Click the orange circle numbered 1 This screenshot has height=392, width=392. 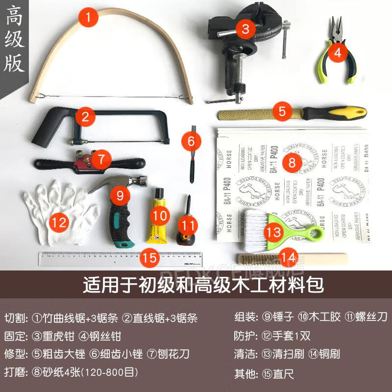(x=88, y=19)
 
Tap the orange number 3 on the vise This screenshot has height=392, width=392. (x=245, y=28)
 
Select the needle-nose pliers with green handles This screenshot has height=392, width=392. (x=338, y=49)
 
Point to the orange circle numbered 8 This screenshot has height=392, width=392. (x=293, y=162)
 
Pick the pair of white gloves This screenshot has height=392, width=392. (x=59, y=216)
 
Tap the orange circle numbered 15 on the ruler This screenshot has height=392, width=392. (x=150, y=257)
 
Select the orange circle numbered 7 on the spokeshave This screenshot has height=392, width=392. (x=101, y=159)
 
